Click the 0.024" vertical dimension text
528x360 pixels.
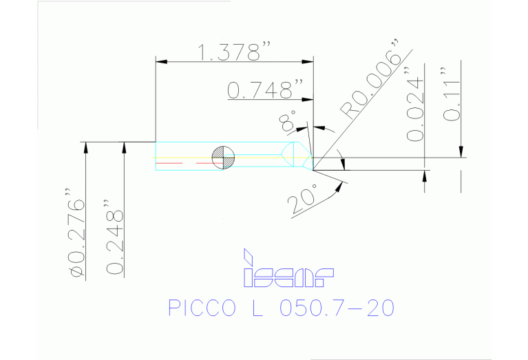tap(414, 105)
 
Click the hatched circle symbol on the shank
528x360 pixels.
tap(224, 158)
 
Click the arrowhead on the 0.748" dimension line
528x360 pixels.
tap(308, 101)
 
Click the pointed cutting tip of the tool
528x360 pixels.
tap(313, 168)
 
